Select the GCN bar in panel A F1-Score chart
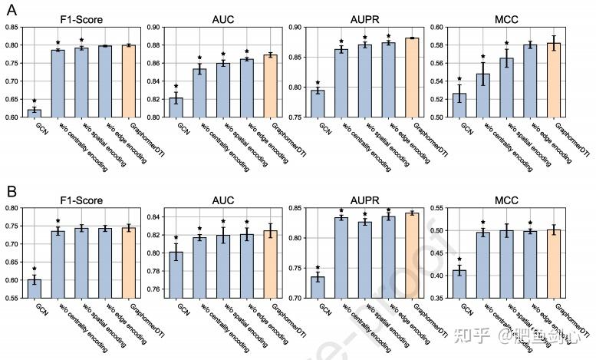tap(34, 114)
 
